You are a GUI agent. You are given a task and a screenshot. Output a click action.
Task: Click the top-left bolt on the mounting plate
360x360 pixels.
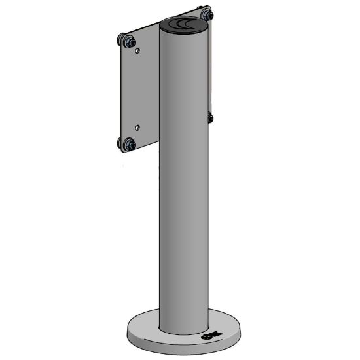tap(123, 41)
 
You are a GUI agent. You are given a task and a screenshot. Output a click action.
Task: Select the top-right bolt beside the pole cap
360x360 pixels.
tap(207, 13)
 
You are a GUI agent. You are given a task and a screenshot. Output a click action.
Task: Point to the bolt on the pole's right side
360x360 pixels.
tap(210, 118)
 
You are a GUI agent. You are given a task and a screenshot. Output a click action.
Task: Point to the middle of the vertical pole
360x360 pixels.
tap(184, 183)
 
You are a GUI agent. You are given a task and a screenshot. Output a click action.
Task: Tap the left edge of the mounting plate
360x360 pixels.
tap(118, 92)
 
